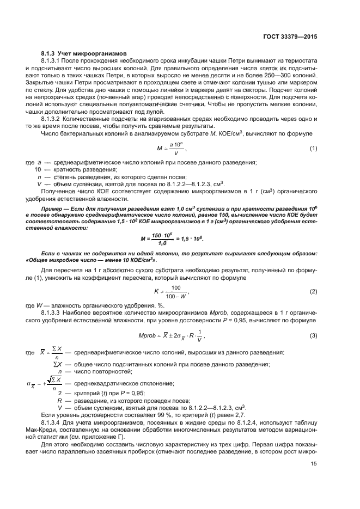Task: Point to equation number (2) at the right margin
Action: click(314, 292)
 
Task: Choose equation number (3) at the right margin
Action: click(314, 335)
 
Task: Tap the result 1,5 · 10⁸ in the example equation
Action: click(198, 240)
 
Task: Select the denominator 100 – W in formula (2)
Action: click(175, 296)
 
